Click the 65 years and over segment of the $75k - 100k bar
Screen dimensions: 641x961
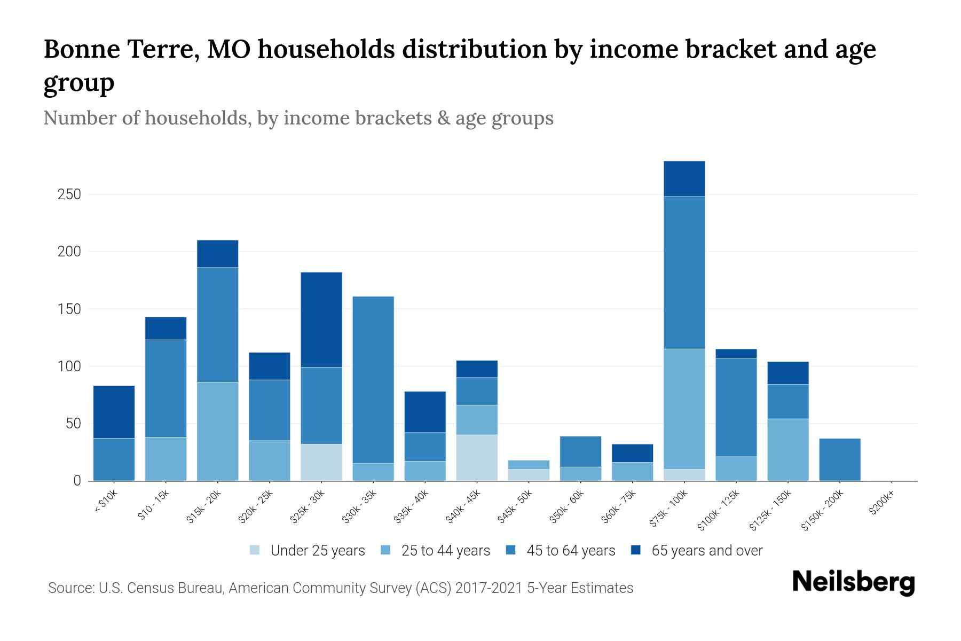pyautogui.click(x=684, y=179)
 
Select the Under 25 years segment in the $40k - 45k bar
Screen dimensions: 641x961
pyautogui.click(x=477, y=458)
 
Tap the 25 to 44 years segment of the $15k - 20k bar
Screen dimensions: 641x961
pyautogui.click(x=217, y=432)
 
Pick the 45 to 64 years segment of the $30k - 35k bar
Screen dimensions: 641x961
pyautogui.click(x=373, y=380)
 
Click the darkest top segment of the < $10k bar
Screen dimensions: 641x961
pyautogui.click(x=114, y=412)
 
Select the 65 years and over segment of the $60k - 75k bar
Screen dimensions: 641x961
pyautogui.click(x=632, y=454)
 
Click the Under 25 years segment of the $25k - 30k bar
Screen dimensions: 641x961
pyautogui.click(x=321, y=463)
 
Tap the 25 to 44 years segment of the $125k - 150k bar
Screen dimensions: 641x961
pyautogui.click(x=787, y=450)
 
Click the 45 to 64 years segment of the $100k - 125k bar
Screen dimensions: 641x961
pyautogui.click(x=736, y=407)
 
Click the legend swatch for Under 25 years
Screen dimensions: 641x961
pyautogui.click(x=255, y=550)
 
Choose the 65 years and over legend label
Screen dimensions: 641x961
pyautogui.click(x=707, y=551)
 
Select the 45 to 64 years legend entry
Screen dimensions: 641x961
pyautogui.click(x=571, y=551)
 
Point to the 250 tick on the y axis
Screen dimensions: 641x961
pyautogui.click(x=69, y=194)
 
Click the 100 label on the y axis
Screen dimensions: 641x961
pyautogui.click(x=69, y=366)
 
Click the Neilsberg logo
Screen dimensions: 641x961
pyautogui.click(x=853, y=582)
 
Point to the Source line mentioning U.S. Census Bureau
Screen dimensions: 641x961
pyautogui.click(x=340, y=588)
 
